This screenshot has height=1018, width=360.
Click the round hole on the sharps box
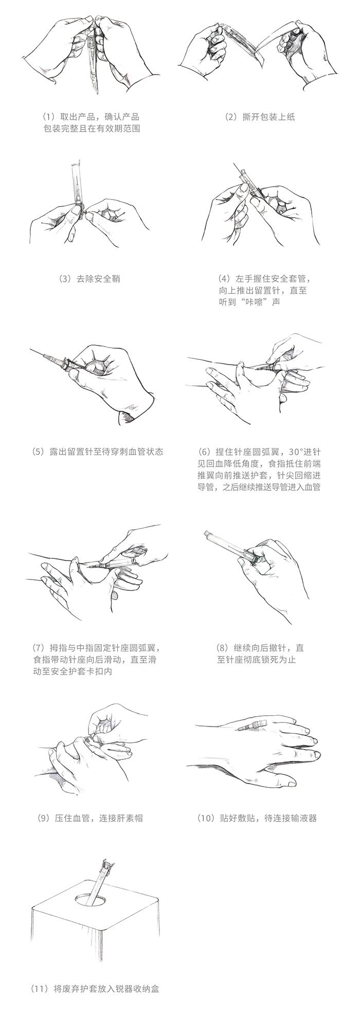93,901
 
